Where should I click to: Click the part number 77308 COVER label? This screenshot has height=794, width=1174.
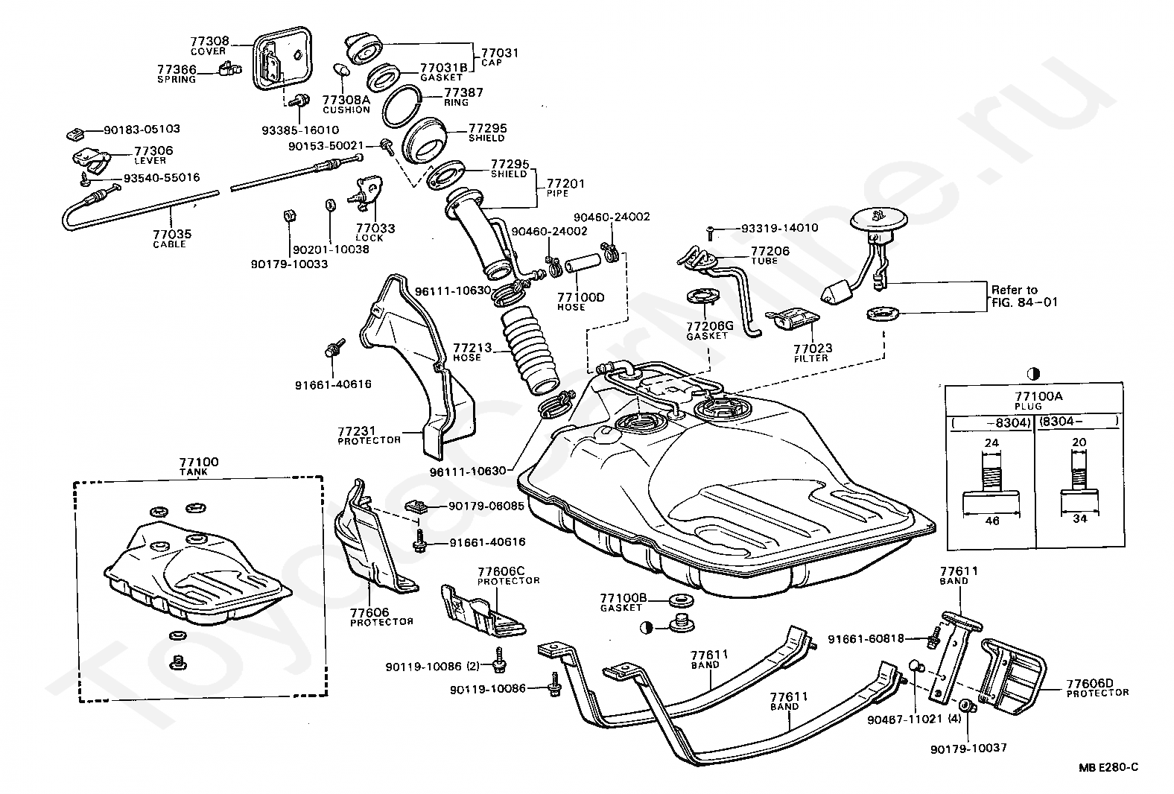tap(209, 45)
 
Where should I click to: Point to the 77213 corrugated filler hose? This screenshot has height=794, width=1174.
tap(528, 349)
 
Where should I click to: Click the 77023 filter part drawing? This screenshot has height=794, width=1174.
tap(793, 319)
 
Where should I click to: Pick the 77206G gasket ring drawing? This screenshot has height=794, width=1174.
tap(702, 296)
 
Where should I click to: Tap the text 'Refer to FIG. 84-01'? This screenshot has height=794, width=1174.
tap(1024, 296)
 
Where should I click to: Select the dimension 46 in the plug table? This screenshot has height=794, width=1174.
tap(992, 521)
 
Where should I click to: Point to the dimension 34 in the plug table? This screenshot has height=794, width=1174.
tap(1079, 518)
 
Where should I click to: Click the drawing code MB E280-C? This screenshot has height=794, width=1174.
tap(1108, 767)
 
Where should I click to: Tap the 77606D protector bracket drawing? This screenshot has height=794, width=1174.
tap(1012, 676)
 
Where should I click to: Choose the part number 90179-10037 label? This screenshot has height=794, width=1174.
tap(968, 749)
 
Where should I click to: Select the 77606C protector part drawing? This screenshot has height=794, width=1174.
tap(482, 611)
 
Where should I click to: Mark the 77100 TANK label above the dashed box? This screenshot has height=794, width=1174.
tap(199, 466)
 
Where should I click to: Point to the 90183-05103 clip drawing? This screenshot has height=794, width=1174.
tap(76, 134)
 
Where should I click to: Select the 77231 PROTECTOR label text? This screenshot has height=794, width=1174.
tap(369, 435)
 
